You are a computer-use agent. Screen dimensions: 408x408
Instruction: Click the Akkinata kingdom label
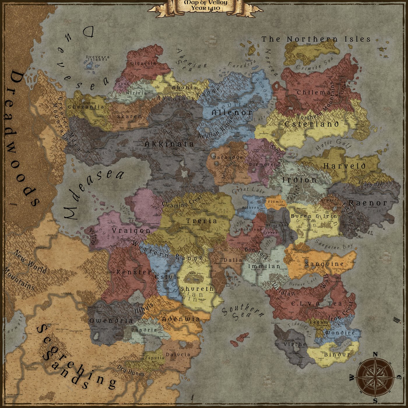click(x=169, y=144)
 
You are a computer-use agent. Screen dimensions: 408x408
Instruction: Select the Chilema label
click(x=314, y=93)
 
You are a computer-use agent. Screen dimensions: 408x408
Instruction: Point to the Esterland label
click(x=312, y=124)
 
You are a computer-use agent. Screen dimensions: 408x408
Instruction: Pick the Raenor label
click(x=368, y=203)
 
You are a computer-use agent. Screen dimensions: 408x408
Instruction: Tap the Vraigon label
click(x=131, y=231)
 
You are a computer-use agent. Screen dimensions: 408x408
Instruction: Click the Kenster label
click(x=134, y=272)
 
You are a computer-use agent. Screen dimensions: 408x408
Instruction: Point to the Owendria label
click(x=111, y=321)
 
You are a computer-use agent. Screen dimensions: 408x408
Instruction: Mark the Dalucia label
click(x=178, y=355)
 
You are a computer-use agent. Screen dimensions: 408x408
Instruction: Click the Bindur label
click(x=337, y=355)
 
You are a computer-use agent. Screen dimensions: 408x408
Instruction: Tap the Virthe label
click(x=295, y=344)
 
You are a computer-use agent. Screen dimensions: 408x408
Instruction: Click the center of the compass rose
click(x=375, y=377)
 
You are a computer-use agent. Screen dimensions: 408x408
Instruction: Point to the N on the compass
click(x=375, y=354)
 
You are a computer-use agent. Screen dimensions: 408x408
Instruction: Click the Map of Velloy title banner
click(x=205, y=6)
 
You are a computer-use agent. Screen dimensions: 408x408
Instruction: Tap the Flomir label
click(x=275, y=202)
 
